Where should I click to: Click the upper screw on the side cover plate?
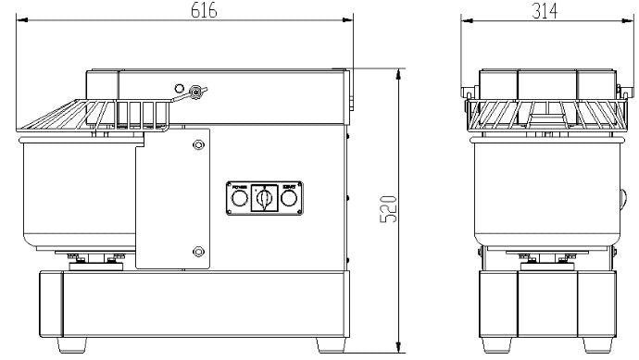pos(196,144)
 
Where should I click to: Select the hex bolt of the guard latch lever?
pos(194,91)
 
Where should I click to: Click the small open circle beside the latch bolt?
pos(179,89)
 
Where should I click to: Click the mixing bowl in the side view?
pos(74,194)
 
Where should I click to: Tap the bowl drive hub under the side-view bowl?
pos(93,258)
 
